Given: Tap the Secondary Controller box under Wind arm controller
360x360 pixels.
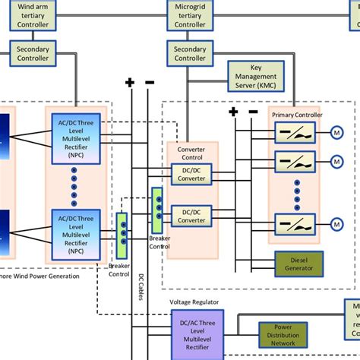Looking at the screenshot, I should [x=32, y=52].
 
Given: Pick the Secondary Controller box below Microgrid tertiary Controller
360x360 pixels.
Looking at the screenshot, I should [x=189, y=52].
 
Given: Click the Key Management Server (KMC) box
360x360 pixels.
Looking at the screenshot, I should [x=261, y=76].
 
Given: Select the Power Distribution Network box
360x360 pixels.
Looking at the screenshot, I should [x=287, y=335].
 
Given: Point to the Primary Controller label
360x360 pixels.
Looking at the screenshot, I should [x=298, y=115].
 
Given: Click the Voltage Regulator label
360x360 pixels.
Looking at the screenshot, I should [x=194, y=302].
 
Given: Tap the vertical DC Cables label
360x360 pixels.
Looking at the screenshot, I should [x=141, y=287].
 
